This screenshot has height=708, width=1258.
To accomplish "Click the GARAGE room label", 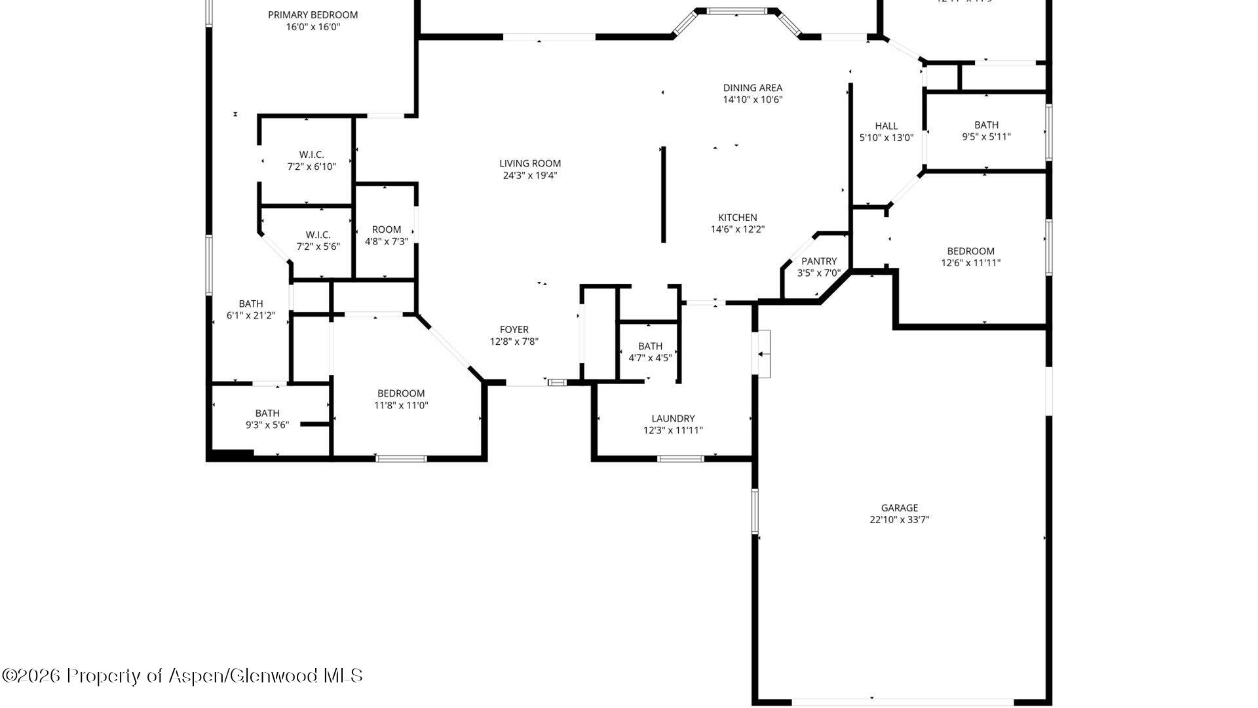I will pyautogui.click(x=899, y=507).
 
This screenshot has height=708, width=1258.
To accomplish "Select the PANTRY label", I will pyautogui.click(x=818, y=261).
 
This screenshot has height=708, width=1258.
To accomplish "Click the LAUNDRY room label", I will pyautogui.click(x=673, y=418).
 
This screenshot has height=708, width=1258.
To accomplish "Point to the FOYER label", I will pyautogui.click(x=514, y=330).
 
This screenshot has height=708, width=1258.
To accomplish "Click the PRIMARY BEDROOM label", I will pyautogui.click(x=313, y=14).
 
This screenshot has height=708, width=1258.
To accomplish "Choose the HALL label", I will pyautogui.click(x=886, y=126).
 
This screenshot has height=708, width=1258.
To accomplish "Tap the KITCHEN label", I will pyautogui.click(x=737, y=218).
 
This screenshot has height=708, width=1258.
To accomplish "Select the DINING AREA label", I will pyautogui.click(x=752, y=88).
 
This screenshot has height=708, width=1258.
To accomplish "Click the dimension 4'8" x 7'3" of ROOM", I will pyautogui.click(x=386, y=241).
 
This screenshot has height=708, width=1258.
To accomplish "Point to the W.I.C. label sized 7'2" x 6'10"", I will pyautogui.click(x=311, y=155).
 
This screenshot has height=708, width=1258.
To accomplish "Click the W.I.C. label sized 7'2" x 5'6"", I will pyautogui.click(x=318, y=235).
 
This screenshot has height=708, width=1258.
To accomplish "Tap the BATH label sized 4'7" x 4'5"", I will pyautogui.click(x=650, y=346).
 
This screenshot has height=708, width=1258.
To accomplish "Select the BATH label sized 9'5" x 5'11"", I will pyautogui.click(x=986, y=125).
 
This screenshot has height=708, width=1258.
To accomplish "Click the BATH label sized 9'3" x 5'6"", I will pyautogui.click(x=267, y=413).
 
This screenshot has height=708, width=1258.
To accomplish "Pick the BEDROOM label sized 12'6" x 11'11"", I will pyautogui.click(x=970, y=251).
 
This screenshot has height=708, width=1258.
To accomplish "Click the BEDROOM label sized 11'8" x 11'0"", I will pyautogui.click(x=400, y=393).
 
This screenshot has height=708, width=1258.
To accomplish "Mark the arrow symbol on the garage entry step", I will pyautogui.click(x=762, y=354).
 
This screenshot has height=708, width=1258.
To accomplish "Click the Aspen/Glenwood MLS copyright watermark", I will pyautogui.click(x=182, y=675).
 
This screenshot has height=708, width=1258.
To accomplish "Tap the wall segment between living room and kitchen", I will pyautogui.click(x=663, y=195).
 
